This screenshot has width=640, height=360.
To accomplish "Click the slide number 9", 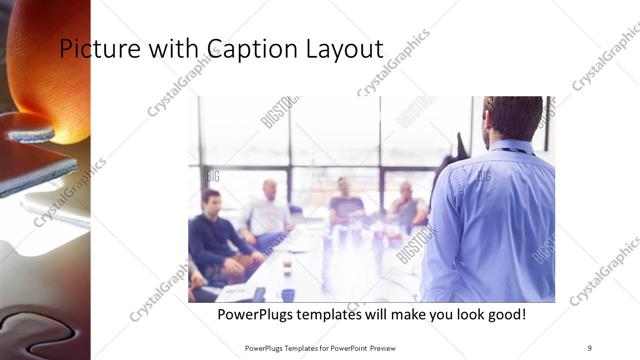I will click(589, 348).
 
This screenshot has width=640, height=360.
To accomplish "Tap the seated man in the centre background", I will click(345, 205).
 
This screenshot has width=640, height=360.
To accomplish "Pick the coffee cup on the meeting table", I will click(287, 267).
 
